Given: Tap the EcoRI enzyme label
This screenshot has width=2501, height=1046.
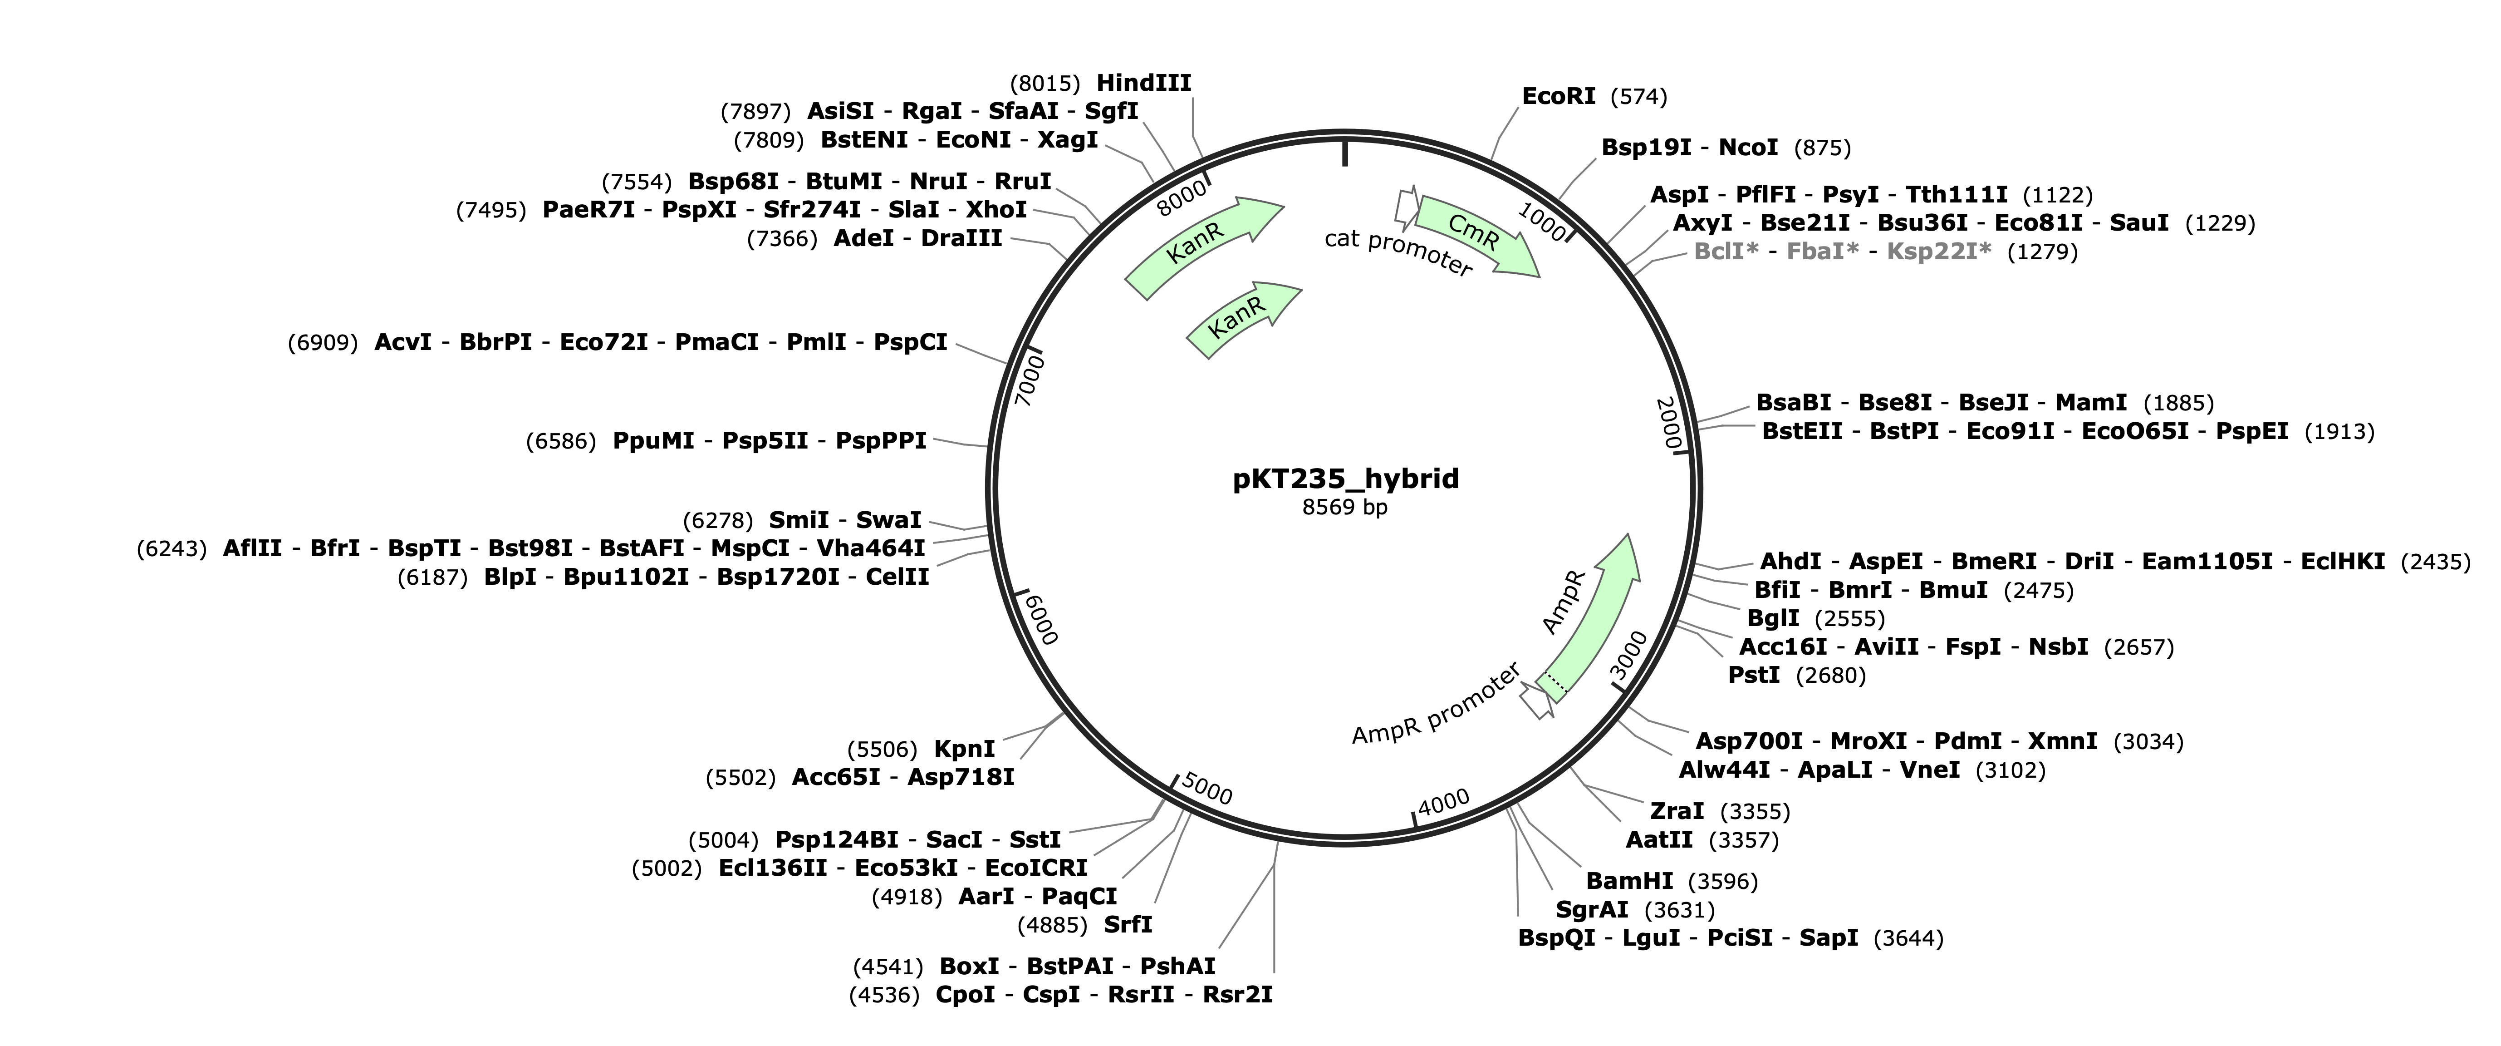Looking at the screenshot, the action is point(1558,96).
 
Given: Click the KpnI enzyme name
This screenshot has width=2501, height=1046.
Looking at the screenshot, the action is point(964,749).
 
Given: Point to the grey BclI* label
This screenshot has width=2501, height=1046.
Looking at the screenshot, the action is point(1726,252).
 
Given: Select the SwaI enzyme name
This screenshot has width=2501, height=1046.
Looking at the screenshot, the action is point(888,521).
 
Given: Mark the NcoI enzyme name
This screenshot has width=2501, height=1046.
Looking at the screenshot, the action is point(1749,148).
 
